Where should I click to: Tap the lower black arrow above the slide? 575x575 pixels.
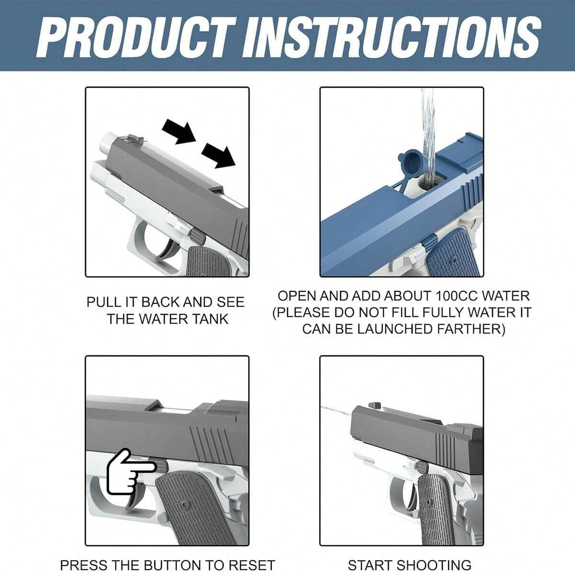pos(218,154)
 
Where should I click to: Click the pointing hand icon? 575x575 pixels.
pos(128,472)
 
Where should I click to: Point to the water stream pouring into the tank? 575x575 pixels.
pos(427,134)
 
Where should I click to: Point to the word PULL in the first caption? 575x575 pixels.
pos(99,302)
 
